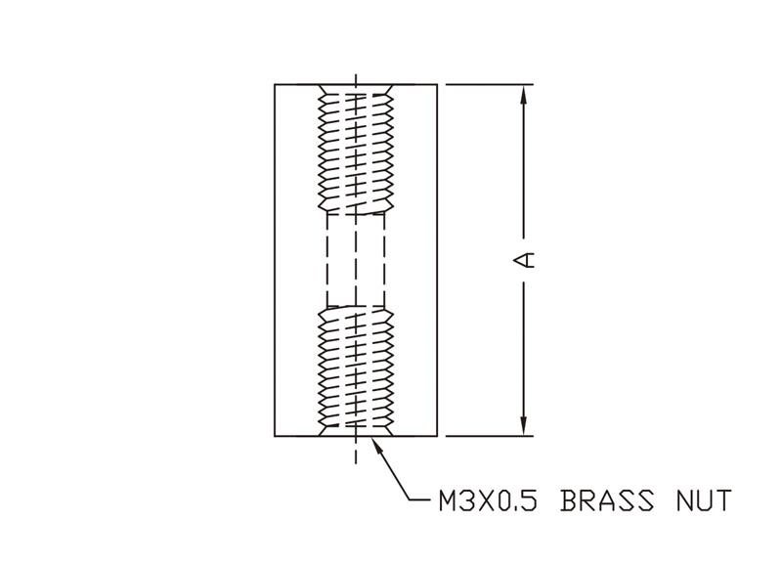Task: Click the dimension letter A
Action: pos(524,260)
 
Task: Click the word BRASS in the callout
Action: pos(607,500)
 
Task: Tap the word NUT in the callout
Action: pos(704,500)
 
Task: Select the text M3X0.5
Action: pos(488,500)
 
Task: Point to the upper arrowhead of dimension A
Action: pos(523,95)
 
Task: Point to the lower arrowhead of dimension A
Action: pos(523,426)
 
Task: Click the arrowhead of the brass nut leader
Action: pos(378,445)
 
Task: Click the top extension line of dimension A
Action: pos(490,85)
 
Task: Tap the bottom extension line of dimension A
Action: pos(490,436)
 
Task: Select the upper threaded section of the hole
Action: pos(356,150)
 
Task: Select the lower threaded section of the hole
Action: pos(356,371)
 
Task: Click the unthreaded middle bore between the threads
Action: pos(356,260)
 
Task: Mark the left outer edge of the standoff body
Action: pos(275,260)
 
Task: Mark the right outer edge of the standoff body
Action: pos(437,260)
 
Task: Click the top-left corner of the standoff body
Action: pos(275,85)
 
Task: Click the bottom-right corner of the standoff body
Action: pos(437,436)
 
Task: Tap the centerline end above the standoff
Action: pos(356,75)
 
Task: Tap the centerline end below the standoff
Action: pos(356,463)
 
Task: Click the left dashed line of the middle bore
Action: pos(327,260)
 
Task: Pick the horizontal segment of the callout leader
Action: pos(420,499)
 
